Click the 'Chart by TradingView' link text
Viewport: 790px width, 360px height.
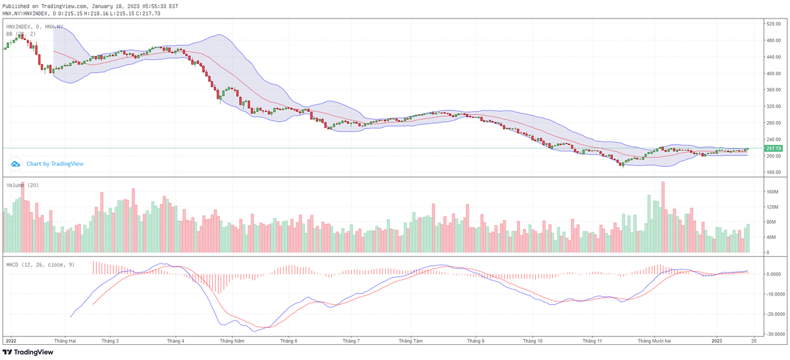[55, 164]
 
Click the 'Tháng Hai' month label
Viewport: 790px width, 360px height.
[65, 341]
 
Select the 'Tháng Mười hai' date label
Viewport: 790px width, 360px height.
[654, 341]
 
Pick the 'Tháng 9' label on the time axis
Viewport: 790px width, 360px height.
[475, 341]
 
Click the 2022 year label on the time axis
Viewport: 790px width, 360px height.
[11, 341]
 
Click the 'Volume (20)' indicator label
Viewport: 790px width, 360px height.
[22, 186]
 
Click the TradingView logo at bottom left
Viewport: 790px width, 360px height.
[28, 352]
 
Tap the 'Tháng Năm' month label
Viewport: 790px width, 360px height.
[232, 341]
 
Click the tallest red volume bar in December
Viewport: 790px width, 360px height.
[663, 217]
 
